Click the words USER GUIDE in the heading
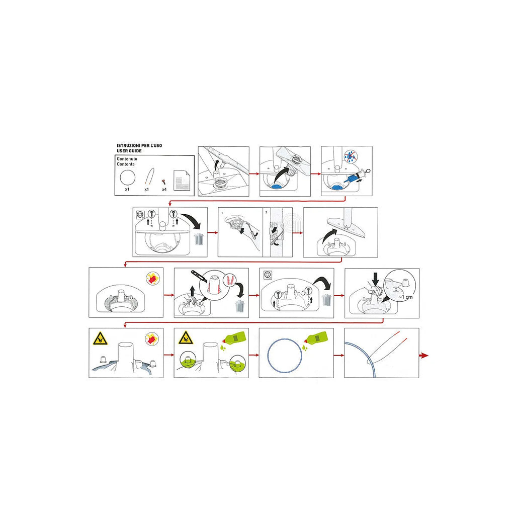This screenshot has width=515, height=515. coord(129,151)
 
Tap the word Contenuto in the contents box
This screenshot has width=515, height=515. coord(127,158)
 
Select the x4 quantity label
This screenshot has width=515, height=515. coord(164,190)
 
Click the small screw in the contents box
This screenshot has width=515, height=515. coord(163,182)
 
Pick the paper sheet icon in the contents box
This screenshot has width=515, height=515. coord(182,180)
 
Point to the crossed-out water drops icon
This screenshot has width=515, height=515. coord(351,156)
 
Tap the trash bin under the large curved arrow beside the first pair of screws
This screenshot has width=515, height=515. coord(199,239)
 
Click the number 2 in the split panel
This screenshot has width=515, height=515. coord(266,212)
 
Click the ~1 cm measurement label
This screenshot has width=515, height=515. coord(405,297)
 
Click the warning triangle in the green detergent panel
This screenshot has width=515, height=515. coord(186,338)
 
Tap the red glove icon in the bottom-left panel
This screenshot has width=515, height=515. coord(152,338)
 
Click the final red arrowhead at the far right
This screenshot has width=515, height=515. coord(424,356)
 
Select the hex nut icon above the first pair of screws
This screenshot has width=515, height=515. coord(140,214)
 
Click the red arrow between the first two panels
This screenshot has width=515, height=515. coord(254,174)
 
